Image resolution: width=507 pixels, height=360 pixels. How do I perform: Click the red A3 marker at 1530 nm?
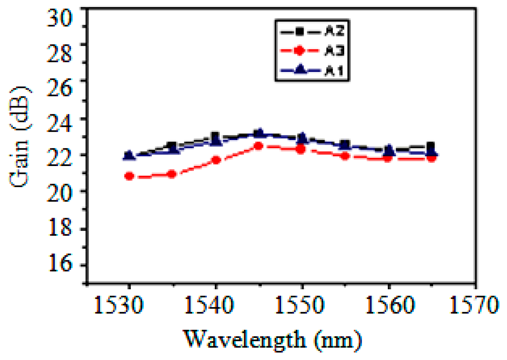[x=129, y=176]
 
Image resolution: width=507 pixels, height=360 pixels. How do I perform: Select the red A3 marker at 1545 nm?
[x=259, y=146]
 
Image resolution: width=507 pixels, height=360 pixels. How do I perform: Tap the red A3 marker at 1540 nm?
[x=216, y=160]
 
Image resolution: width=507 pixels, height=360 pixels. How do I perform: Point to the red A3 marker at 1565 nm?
[x=432, y=158]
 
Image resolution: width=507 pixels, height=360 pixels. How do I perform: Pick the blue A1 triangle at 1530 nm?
[x=129, y=155]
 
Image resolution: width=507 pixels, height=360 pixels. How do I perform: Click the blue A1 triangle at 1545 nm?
[x=260, y=133]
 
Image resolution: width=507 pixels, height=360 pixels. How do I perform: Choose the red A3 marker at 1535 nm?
[x=172, y=174]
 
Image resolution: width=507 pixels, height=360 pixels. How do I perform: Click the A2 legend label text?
[x=334, y=31]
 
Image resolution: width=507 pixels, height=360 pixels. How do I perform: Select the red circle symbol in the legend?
[x=299, y=51]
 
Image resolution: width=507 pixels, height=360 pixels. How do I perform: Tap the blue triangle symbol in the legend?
[x=300, y=70]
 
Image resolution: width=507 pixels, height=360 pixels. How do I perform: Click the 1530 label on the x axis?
[x=119, y=305]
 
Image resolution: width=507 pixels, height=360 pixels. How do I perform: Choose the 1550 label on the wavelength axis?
[x=299, y=305]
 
